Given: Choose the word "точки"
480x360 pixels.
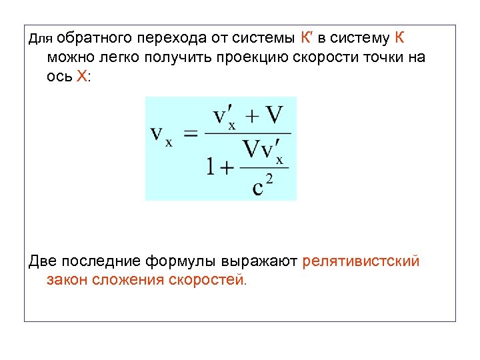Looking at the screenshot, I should pos(379,57).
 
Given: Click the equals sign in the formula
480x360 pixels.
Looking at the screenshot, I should pos(191,136).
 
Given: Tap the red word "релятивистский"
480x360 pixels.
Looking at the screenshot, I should pos(361,261).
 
